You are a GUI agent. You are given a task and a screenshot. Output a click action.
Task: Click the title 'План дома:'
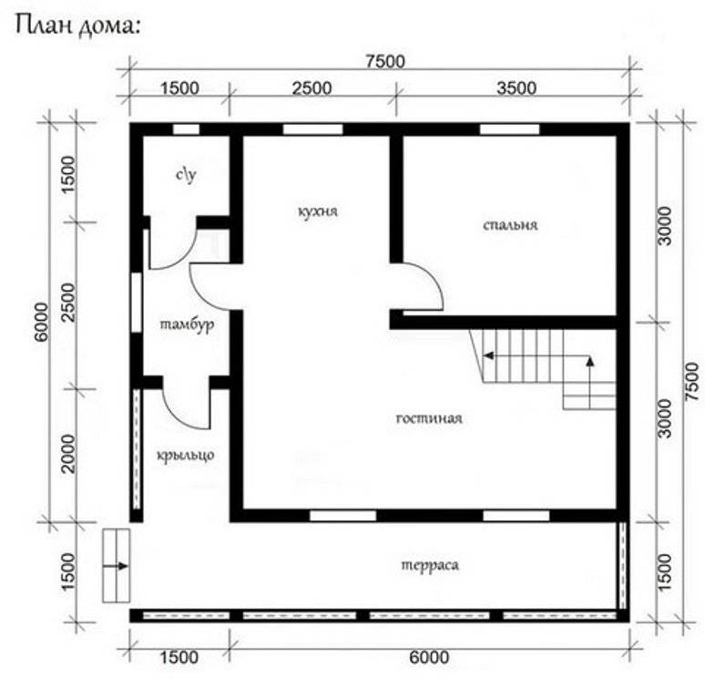[x=78, y=26]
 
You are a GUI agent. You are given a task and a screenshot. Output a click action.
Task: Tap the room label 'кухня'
[x=318, y=211]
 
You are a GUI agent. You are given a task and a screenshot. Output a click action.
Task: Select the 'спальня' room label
[x=510, y=224]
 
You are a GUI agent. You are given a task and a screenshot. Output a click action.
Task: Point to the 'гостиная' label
[x=429, y=418]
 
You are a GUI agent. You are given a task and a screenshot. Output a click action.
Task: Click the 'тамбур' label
[x=187, y=324]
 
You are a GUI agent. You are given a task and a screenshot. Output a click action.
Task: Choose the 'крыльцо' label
[x=185, y=455]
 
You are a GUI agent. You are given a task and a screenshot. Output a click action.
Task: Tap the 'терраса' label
[x=430, y=565]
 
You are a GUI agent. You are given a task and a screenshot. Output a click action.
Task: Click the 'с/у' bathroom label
[x=186, y=175]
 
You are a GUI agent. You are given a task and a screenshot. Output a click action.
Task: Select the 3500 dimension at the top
[x=516, y=88]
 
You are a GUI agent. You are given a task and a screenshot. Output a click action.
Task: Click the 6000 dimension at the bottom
[x=429, y=658]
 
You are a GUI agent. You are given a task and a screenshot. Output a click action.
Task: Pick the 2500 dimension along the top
[x=312, y=88]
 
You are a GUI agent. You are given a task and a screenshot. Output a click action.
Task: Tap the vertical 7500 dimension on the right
[x=692, y=383]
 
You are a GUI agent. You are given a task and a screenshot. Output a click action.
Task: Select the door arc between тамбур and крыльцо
[x=176, y=417]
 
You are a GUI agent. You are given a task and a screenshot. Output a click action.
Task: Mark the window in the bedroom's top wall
[x=510, y=129]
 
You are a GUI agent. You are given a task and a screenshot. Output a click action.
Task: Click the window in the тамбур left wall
[x=137, y=303]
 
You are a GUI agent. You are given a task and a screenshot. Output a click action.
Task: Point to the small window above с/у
[x=186, y=129]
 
